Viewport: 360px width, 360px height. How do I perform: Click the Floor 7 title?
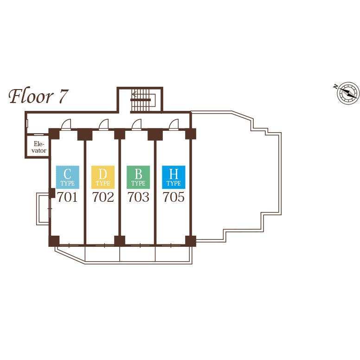point(39,96)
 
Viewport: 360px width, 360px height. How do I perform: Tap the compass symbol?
point(347,93)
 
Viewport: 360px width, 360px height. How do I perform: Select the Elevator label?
point(39,148)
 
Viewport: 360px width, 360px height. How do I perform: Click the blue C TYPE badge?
point(67,177)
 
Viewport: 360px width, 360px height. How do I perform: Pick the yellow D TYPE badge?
point(103,177)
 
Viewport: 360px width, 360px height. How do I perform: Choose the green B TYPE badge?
point(138,177)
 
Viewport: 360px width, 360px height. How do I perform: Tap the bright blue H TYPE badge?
point(174,177)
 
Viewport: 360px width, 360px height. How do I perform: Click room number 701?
point(67,198)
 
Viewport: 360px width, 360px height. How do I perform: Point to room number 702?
point(103,198)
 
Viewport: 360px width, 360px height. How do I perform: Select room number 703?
point(138,198)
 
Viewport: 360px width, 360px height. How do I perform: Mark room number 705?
point(174,198)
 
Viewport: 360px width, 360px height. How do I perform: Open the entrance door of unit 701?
point(66,124)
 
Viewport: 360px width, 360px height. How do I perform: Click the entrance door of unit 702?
point(103,124)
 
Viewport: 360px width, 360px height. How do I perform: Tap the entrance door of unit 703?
point(136,124)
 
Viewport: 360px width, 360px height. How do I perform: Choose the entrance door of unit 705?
point(174,124)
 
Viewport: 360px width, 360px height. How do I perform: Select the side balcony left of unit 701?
point(43,209)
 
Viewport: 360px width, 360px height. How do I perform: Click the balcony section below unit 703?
point(137,254)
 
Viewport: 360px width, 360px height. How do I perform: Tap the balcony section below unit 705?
point(173,254)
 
